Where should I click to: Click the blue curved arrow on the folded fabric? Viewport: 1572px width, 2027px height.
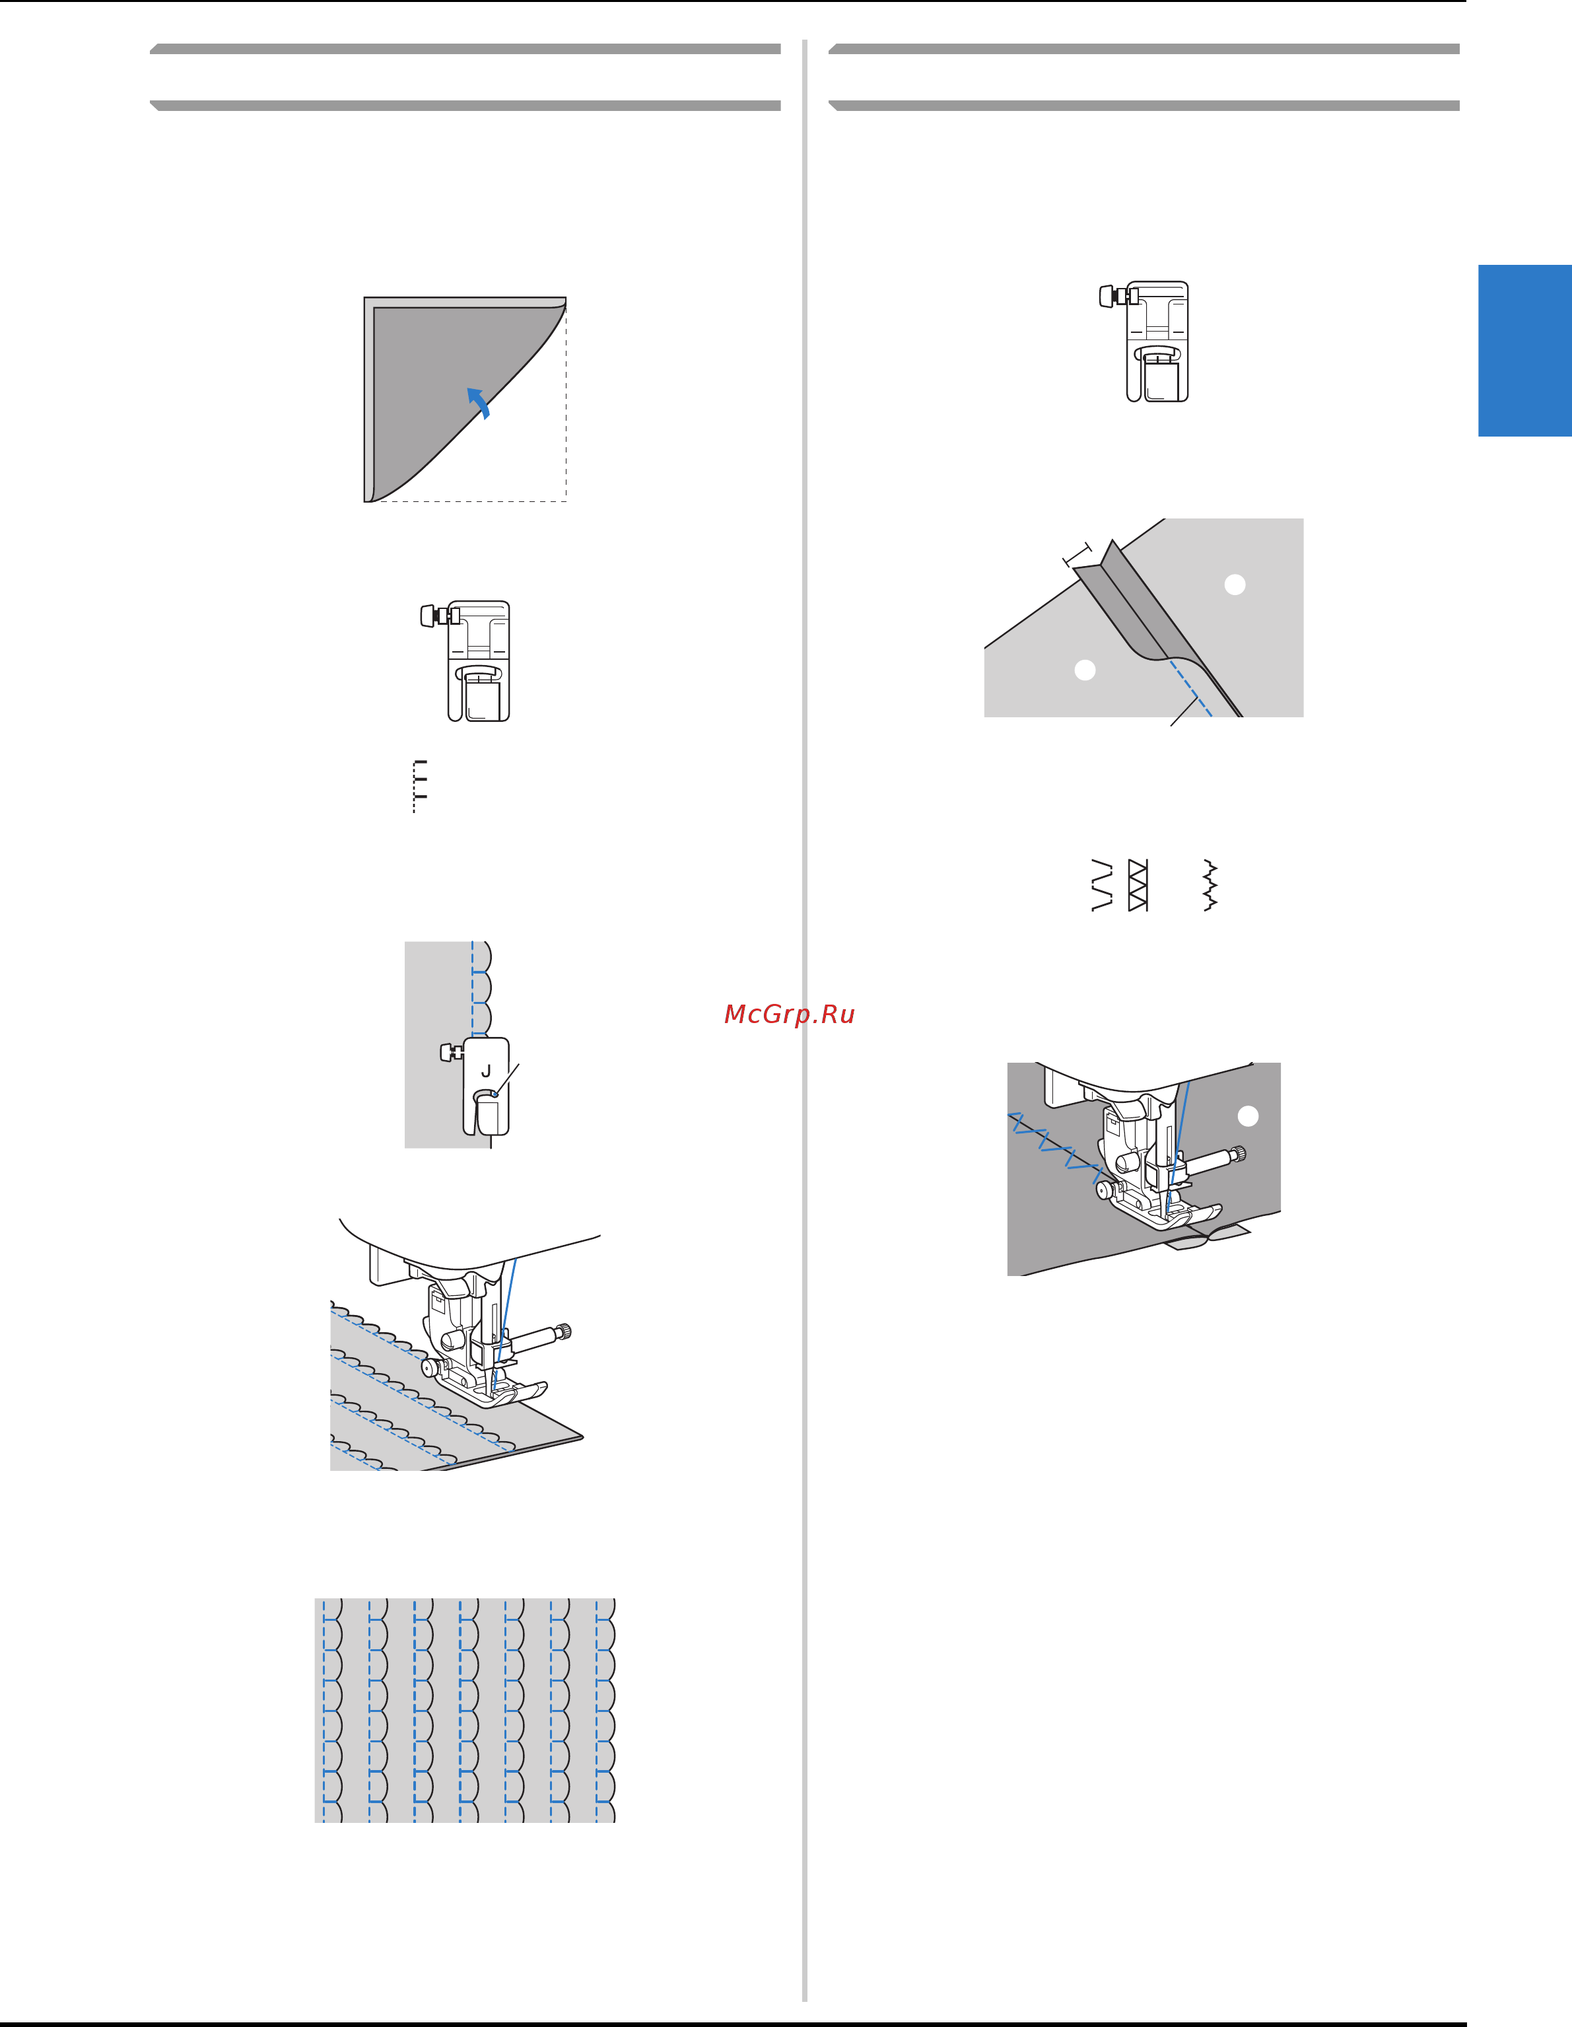pos(479,402)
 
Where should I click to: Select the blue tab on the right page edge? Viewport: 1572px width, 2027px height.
pos(1524,350)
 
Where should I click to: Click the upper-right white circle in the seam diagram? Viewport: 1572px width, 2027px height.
pos(1235,584)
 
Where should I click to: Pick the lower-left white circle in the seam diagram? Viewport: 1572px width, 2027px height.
pos(1085,669)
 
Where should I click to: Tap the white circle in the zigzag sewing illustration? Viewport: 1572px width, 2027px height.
pos(1248,1116)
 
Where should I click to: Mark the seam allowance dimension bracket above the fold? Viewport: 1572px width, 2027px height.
pos(1077,555)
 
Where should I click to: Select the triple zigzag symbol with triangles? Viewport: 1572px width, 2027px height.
pos(1138,886)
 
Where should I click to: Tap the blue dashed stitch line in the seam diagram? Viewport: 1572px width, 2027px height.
pos(1190,688)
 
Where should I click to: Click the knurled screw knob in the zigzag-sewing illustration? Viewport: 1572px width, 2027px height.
pos(1238,1155)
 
